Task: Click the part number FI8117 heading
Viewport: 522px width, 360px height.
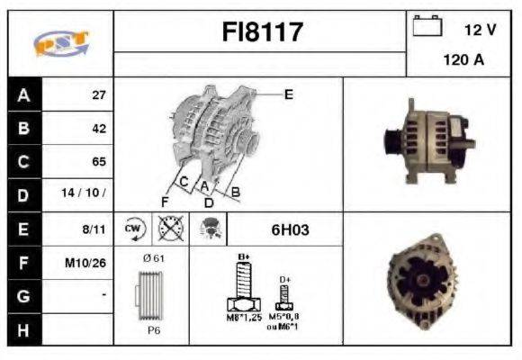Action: coord(263,33)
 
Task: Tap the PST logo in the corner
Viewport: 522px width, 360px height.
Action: coord(59,43)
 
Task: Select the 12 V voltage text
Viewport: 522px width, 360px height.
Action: coord(480,30)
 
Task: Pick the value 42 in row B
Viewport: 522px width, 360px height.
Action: coord(99,129)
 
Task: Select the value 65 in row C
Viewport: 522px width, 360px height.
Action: coord(99,162)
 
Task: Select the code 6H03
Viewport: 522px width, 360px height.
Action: coord(290,229)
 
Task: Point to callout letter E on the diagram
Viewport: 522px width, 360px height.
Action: coord(289,94)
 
